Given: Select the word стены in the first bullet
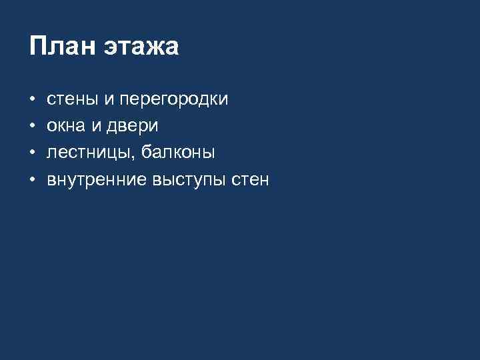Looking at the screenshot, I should (71, 100).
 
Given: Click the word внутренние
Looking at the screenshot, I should (97, 181).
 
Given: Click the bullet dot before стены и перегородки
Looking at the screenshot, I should (32, 101).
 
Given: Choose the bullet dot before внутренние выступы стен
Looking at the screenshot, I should (32, 181).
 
